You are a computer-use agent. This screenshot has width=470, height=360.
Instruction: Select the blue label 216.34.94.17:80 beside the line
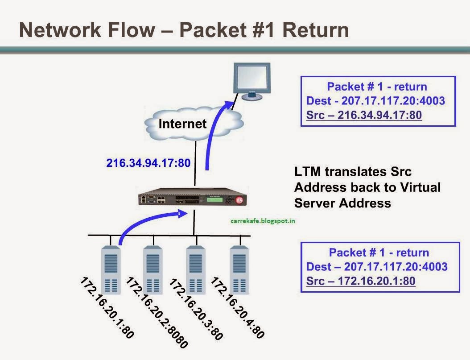148,163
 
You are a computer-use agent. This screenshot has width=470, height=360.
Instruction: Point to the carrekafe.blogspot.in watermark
261,220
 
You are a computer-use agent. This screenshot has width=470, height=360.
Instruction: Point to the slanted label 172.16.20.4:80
237,308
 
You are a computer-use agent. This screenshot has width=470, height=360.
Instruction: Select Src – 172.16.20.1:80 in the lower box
361,281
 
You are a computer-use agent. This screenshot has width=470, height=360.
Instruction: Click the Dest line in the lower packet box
377,267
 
